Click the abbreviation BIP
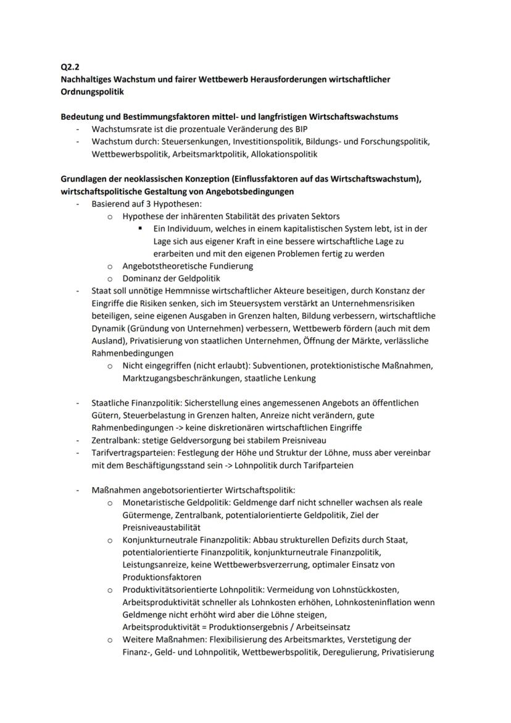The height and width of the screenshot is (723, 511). [299, 129]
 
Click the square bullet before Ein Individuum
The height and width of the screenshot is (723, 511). [141, 228]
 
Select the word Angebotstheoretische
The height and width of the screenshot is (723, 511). [165, 265]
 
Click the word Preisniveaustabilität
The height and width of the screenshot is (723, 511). [162, 527]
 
